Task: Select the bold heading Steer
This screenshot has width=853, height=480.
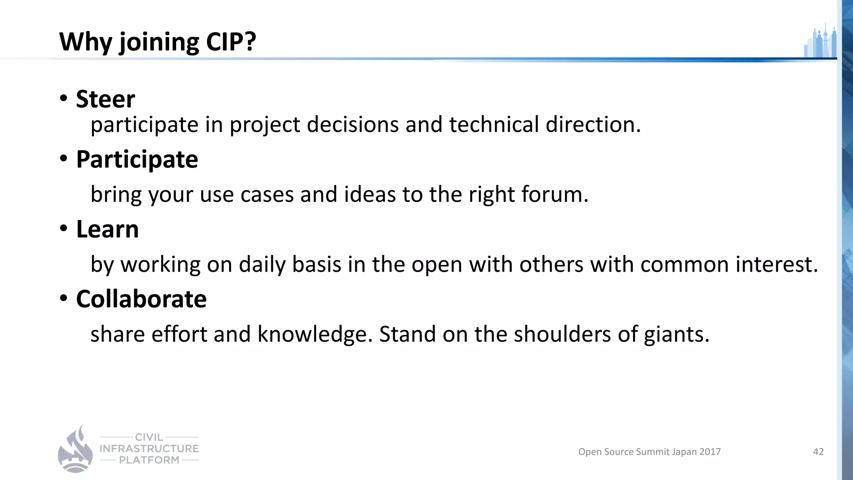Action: click(x=105, y=99)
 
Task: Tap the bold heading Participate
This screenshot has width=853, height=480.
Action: click(x=137, y=160)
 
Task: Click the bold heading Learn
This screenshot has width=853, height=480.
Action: click(x=107, y=229)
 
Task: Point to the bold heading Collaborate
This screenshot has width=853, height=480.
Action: click(x=141, y=299)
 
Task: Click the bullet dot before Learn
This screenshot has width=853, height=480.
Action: click(x=63, y=228)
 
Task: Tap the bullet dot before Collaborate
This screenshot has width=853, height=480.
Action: click(x=63, y=298)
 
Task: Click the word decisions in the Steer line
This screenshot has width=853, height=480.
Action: click(x=353, y=125)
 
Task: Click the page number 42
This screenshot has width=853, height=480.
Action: click(x=818, y=452)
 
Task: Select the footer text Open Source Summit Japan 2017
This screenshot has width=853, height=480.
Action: click(x=649, y=452)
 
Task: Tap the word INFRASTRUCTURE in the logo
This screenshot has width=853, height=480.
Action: click(x=149, y=449)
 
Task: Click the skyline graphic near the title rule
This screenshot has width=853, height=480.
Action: click(x=820, y=42)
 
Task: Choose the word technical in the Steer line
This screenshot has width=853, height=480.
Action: click(x=494, y=125)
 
